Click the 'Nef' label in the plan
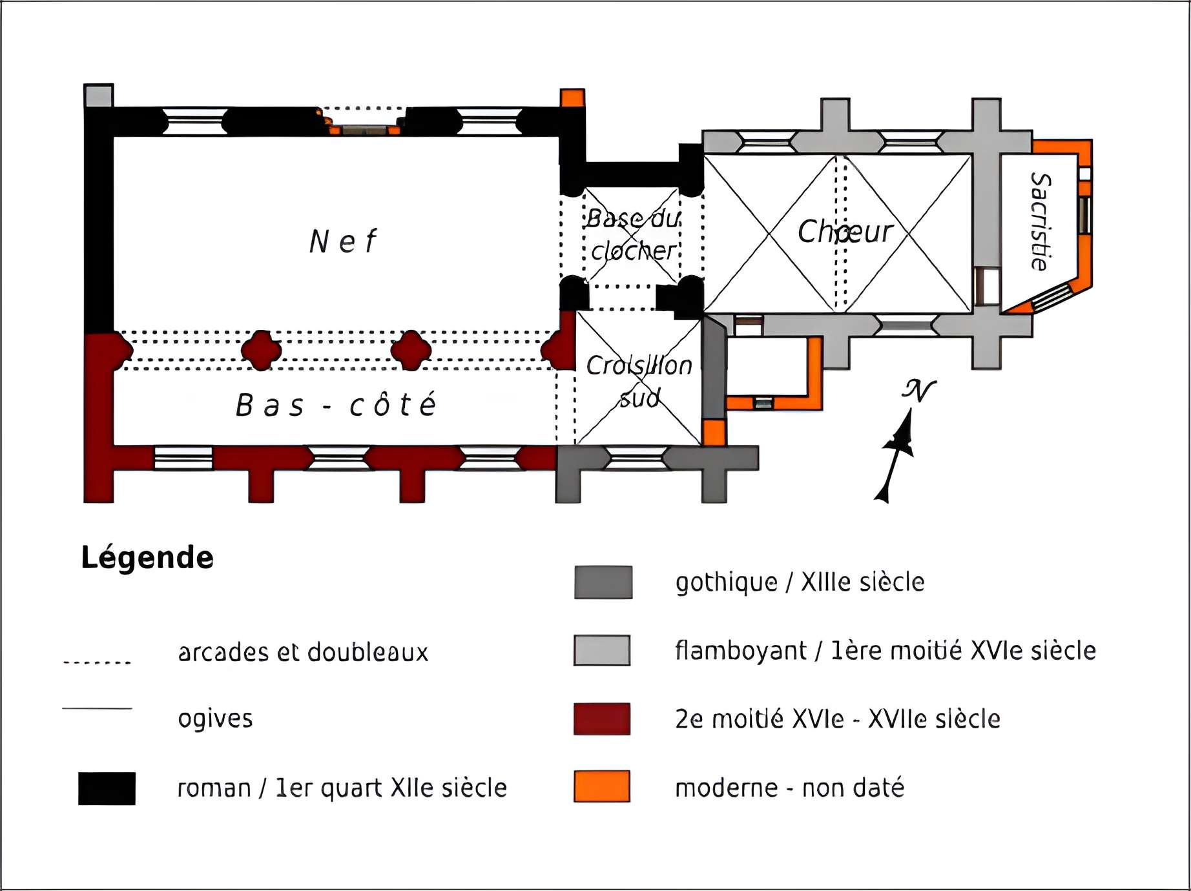[343, 242]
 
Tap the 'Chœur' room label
[845, 232]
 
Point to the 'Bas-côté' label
[336, 405]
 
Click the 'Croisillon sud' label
[639, 382]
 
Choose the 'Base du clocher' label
[633, 234]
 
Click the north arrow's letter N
[918, 390]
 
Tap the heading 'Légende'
[147, 557]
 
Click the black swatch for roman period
[107, 788]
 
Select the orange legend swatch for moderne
[602, 786]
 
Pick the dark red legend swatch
[602, 719]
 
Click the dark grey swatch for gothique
[603, 582]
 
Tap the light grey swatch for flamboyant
[602, 650]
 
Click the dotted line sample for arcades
[97, 662]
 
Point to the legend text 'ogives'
[215, 719]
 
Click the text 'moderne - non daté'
[789, 788]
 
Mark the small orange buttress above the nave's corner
[572, 98]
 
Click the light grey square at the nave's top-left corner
[99, 96]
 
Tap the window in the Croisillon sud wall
[636, 458]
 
